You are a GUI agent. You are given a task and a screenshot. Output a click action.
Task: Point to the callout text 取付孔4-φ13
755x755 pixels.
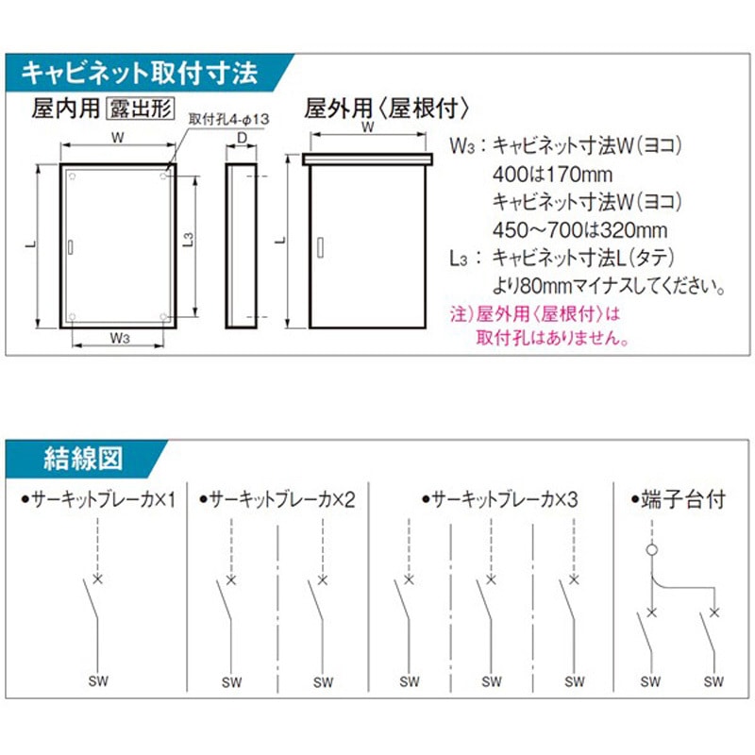click(229, 119)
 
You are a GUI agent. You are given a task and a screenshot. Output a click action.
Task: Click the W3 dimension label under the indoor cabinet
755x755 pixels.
click(119, 337)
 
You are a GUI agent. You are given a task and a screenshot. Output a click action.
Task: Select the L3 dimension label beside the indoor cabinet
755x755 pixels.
click(188, 242)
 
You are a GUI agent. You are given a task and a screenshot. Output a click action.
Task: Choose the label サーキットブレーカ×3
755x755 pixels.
click(501, 498)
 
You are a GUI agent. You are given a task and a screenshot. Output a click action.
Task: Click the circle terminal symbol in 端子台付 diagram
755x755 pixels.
click(650, 549)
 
